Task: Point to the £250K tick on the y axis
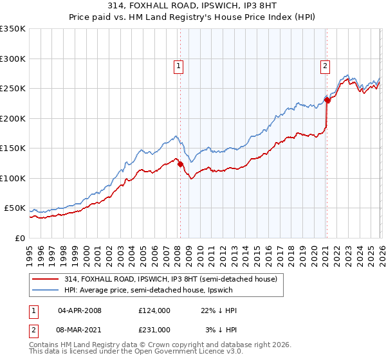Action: tap(13, 89)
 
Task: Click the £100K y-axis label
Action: tap(13, 178)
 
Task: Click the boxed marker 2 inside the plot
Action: tap(326, 65)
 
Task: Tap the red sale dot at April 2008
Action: tap(180, 165)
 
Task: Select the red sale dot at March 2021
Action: tap(327, 100)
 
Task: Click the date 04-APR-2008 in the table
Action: tap(80, 310)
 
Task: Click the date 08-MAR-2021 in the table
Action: tap(80, 329)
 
